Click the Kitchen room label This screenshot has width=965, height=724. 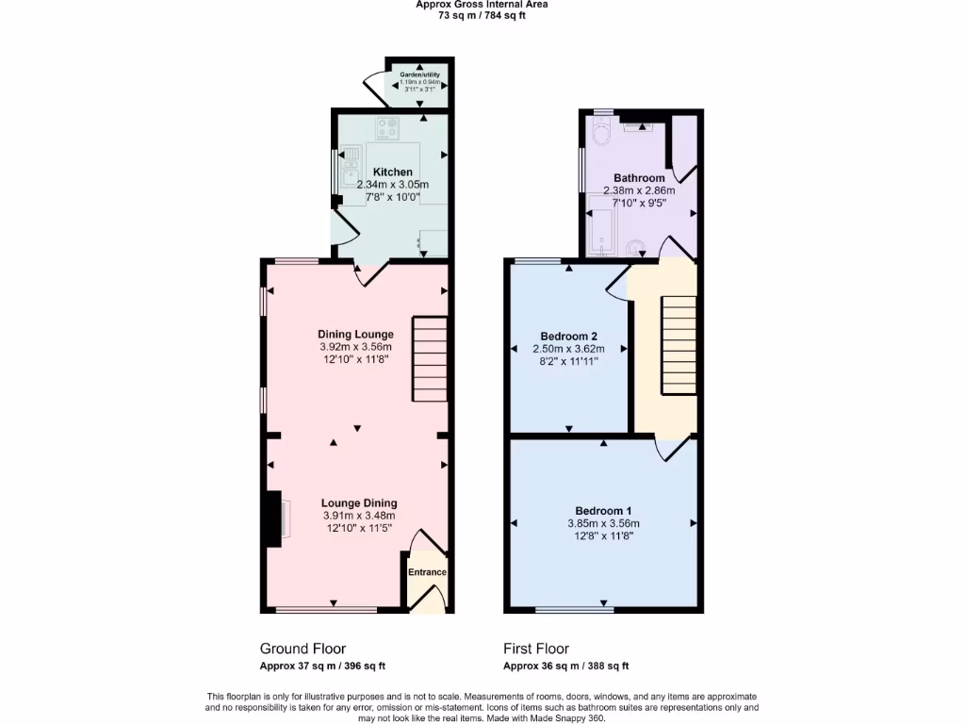coord(392,173)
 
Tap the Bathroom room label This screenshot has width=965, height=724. coord(639,178)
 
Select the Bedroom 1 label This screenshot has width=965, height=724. coord(603,511)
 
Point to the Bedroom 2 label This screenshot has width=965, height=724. coord(568,337)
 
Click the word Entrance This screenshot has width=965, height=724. coord(427,572)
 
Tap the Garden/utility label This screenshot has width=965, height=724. coord(419,74)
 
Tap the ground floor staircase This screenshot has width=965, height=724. coord(429,358)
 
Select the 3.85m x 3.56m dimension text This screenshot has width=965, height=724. coord(603,524)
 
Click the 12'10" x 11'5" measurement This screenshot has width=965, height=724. coord(358,528)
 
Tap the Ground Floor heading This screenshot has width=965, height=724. coord(303,649)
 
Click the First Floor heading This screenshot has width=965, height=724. coord(535,649)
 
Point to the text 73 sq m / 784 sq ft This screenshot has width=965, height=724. coord(482,15)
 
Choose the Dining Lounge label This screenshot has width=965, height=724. coord(355,335)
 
